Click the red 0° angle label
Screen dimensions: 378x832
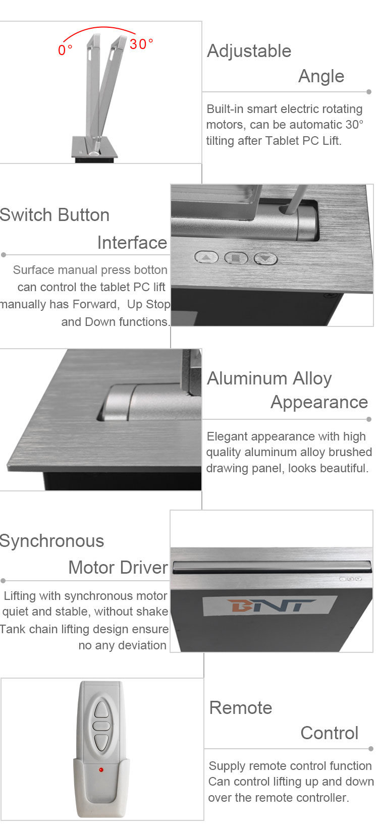(x=65, y=50)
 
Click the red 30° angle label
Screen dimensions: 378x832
(x=141, y=44)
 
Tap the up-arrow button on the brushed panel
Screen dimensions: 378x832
(x=206, y=257)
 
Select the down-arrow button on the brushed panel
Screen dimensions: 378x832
(x=265, y=258)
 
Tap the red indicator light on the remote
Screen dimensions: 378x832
(x=101, y=769)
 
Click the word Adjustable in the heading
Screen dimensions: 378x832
(x=249, y=51)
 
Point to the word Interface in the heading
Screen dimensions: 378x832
(x=132, y=243)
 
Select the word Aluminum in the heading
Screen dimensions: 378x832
(x=246, y=378)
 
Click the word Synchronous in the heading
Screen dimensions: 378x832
(x=51, y=541)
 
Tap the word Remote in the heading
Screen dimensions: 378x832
(x=241, y=707)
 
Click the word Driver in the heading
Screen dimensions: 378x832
(x=144, y=568)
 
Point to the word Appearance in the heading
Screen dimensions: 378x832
(x=319, y=403)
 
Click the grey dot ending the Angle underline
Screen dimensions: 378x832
(x=369, y=92)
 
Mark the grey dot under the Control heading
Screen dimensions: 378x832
(x=370, y=749)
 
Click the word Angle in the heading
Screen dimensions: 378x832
(x=321, y=77)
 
